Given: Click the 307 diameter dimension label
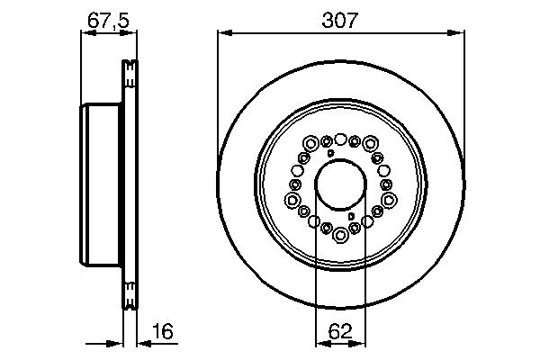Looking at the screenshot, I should (x=341, y=18).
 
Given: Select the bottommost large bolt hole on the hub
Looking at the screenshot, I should (x=341, y=237).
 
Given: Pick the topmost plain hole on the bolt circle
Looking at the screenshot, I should (x=341, y=139).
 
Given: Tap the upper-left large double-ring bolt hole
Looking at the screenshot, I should (x=311, y=143).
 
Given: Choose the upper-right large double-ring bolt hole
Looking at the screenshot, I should (x=370, y=143).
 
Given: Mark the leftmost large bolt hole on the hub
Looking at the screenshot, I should (x=292, y=200).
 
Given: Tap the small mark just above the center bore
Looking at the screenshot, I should (x=331, y=155).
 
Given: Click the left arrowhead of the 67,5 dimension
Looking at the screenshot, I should (x=85, y=34).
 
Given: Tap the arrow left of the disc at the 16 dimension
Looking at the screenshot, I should (x=116, y=342).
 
